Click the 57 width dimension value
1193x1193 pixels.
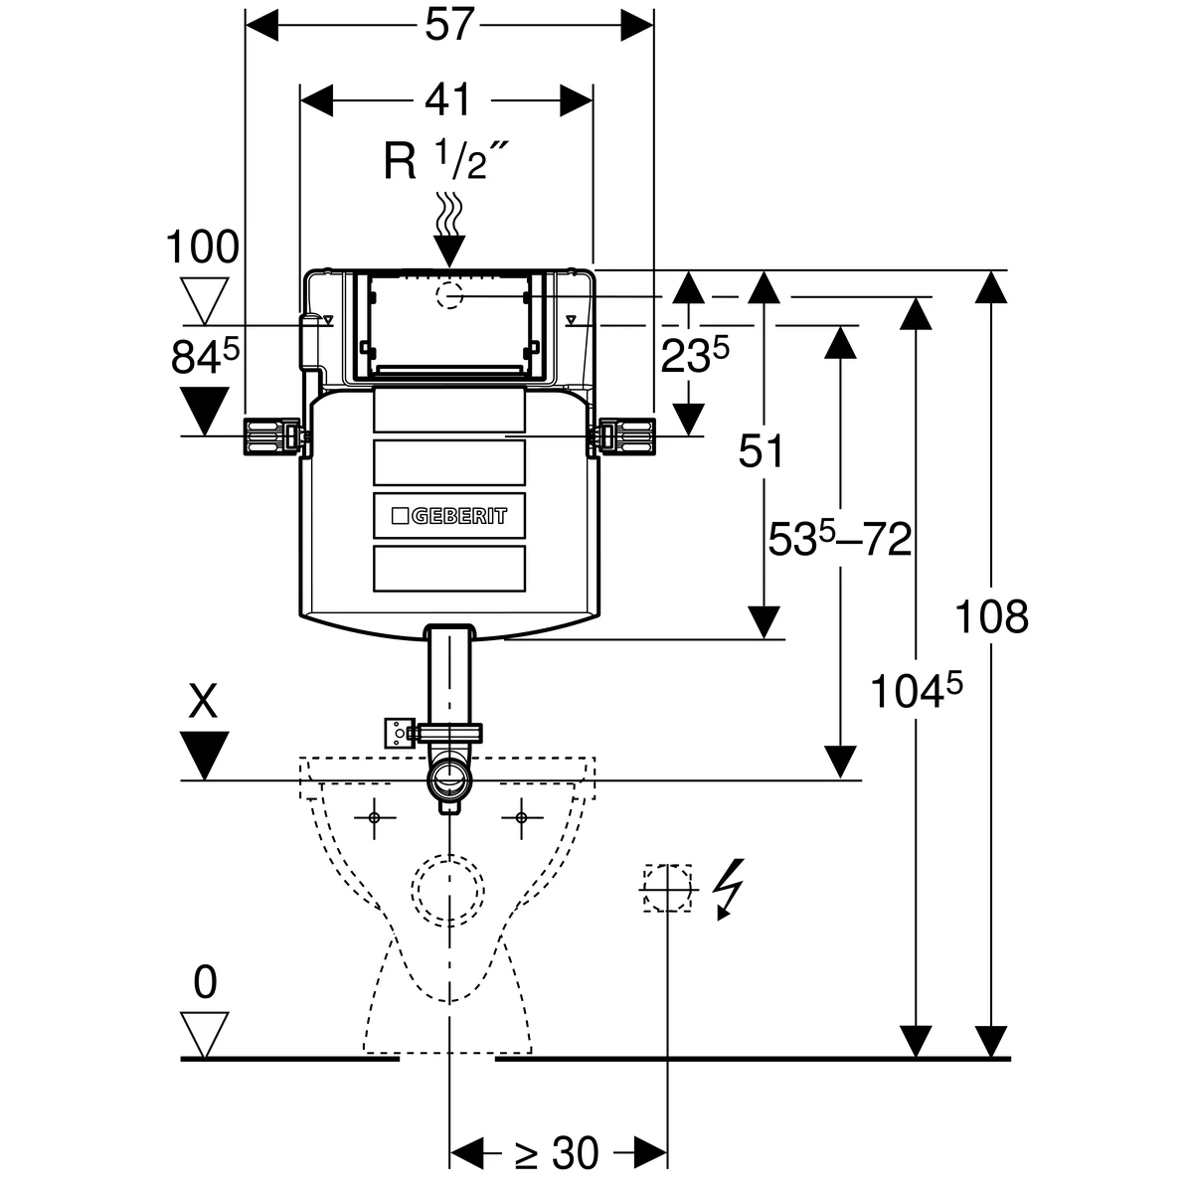(x=449, y=25)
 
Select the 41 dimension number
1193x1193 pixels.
(x=447, y=99)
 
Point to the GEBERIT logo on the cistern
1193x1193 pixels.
(x=449, y=516)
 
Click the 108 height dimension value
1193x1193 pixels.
(x=991, y=616)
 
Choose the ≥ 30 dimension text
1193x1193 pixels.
(x=557, y=1153)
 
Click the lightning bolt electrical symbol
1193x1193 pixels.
(x=728, y=889)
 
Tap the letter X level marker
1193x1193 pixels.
(x=204, y=702)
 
